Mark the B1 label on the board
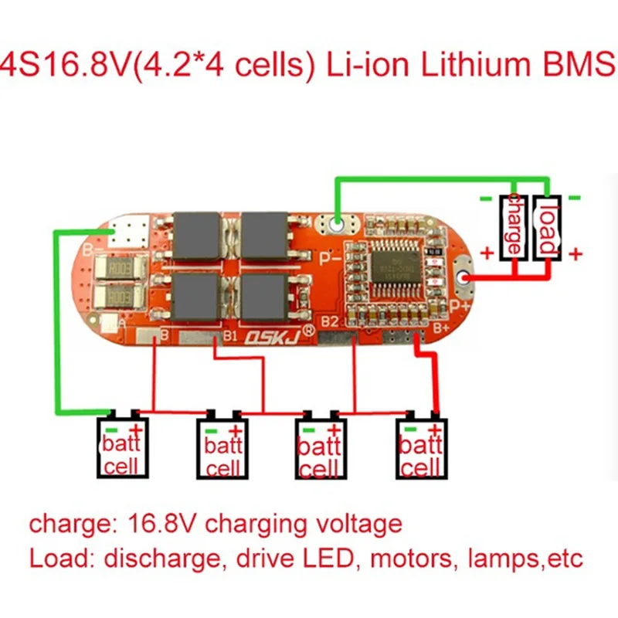point(230,336)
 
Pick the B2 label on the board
point(330,321)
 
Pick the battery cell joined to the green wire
point(121,449)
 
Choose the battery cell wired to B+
point(423,449)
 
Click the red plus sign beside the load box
point(576,254)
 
